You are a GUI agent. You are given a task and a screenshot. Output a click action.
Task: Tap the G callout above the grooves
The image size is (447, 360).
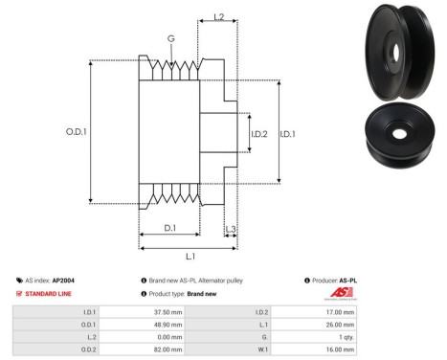pos(171,38)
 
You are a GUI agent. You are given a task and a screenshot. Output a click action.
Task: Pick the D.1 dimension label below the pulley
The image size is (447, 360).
pos(169,228)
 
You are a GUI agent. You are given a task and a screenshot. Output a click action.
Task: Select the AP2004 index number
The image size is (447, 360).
pos(64,280)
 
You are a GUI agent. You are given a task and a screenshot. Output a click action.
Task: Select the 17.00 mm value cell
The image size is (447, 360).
pos(338,311)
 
